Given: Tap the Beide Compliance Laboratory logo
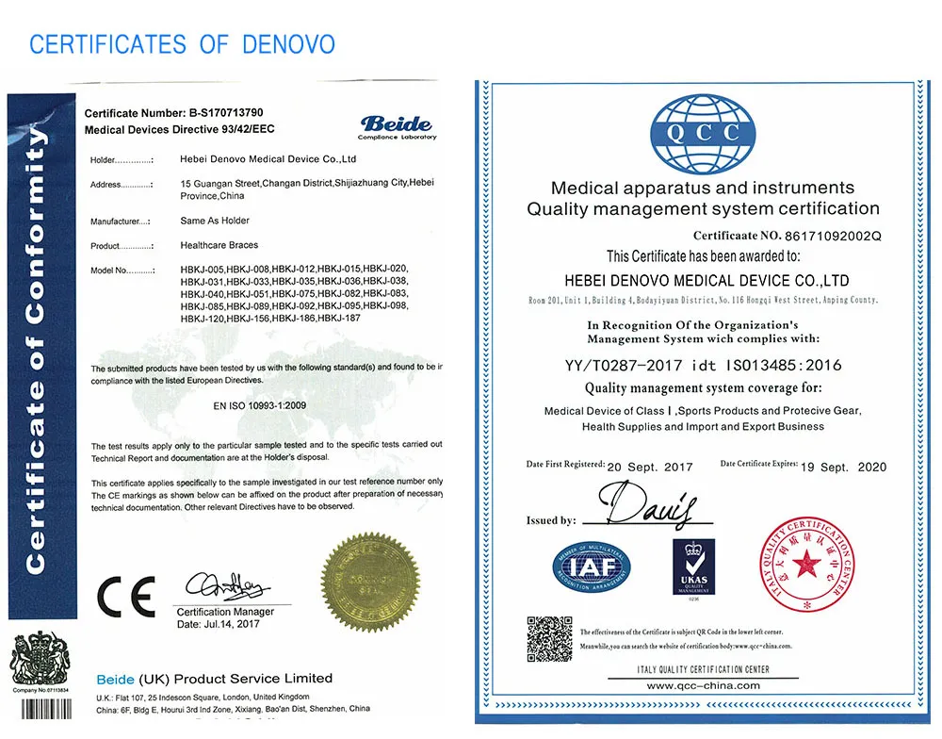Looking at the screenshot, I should click(398, 126).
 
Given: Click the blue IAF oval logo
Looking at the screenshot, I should click(592, 567).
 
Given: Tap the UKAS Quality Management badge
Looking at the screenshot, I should click(693, 566).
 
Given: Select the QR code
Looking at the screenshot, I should click(549, 638).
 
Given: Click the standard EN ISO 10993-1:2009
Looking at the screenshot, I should click(257, 405).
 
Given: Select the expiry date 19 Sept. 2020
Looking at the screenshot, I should click(843, 467).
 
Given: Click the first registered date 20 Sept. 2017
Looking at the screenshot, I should click(650, 467).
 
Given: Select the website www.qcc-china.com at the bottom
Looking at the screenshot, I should click(703, 685).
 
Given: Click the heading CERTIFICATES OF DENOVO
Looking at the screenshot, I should click(182, 43).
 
